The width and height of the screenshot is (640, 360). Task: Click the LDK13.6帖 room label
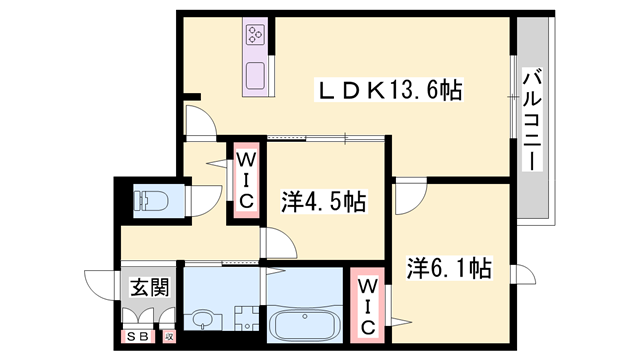click(x=389, y=90)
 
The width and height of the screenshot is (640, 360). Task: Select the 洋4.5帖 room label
click(x=322, y=201)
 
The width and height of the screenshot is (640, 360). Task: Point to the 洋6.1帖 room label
click(x=448, y=267)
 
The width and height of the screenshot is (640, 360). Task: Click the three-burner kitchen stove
click(x=254, y=37)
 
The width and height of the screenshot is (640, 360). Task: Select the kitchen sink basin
click(x=255, y=75)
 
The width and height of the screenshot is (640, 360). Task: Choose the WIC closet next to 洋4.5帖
click(x=247, y=179)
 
